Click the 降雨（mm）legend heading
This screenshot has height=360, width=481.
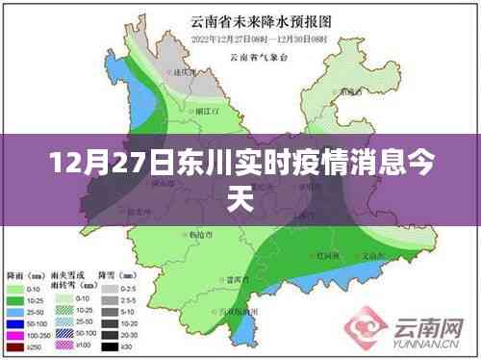coord(24,275)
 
